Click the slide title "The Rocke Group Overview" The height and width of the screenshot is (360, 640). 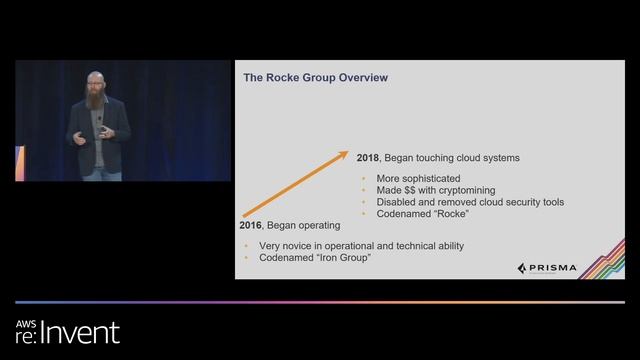click(x=316, y=78)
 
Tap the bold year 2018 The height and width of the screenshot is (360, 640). click(x=368, y=158)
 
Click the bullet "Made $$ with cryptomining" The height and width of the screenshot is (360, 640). click(x=435, y=190)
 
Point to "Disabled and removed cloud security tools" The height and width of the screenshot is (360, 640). click(x=470, y=202)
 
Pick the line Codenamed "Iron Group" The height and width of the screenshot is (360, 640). click(x=302, y=258)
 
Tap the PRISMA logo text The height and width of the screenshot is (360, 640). click(x=551, y=268)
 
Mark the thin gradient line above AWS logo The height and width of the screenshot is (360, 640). click(x=320, y=302)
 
